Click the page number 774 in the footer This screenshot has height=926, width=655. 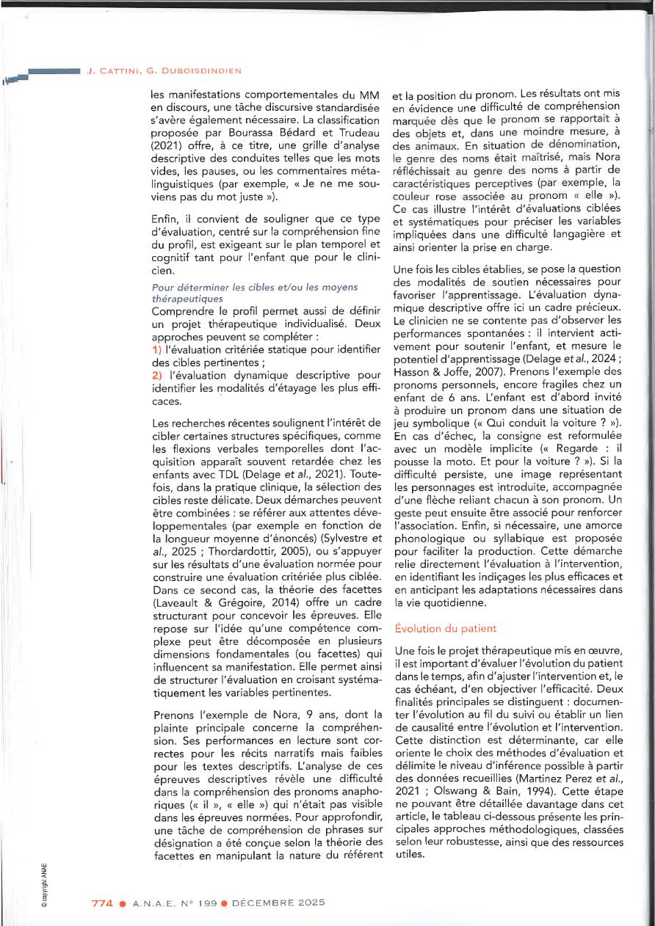(101, 903)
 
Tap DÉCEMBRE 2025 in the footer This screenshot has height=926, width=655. (278, 903)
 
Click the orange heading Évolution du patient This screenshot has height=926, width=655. (446, 629)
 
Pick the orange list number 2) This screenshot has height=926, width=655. (156, 375)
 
